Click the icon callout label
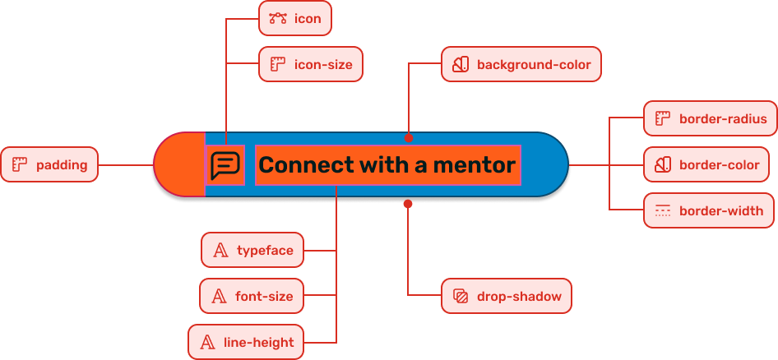coord(294,18)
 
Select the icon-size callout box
coord(311,64)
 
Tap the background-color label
coord(521,64)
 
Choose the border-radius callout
coord(710,118)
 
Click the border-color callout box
coord(710,165)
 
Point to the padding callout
coord(49,165)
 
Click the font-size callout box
coord(252,297)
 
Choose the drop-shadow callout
coord(506,297)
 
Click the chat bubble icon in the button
coord(225,165)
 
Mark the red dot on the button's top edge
coord(408,138)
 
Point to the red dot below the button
coord(407,203)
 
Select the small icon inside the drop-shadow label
coord(461,297)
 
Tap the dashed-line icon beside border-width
coord(663,211)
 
